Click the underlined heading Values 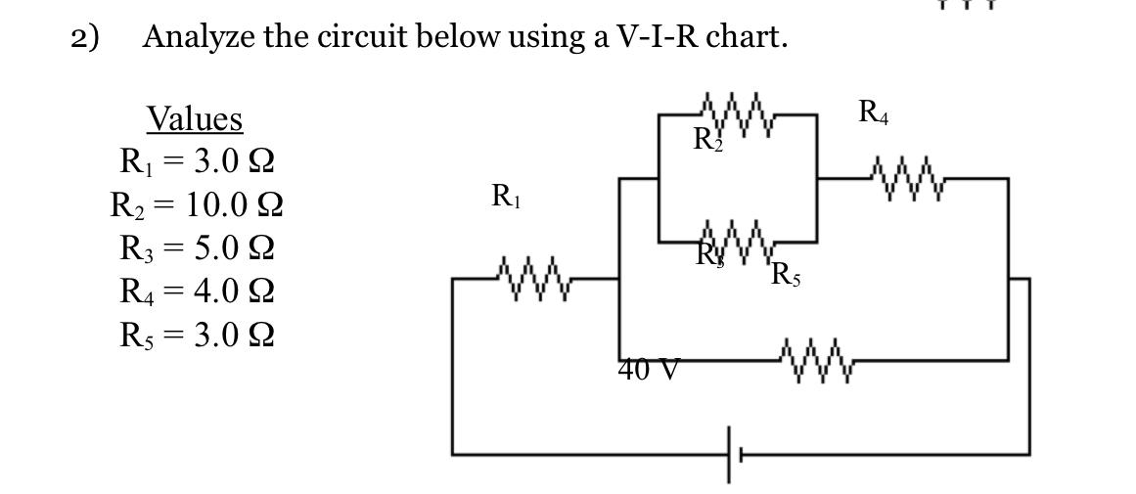click(x=195, y=119)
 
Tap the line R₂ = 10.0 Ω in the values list click(x=196, y=204)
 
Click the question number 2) click(x=86, y=37)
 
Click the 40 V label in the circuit click(x=649, y=371)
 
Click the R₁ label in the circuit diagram click(x=505, y=197)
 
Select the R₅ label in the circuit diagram click(x=786, y=275)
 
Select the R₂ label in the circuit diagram click(x=707, y=140)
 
